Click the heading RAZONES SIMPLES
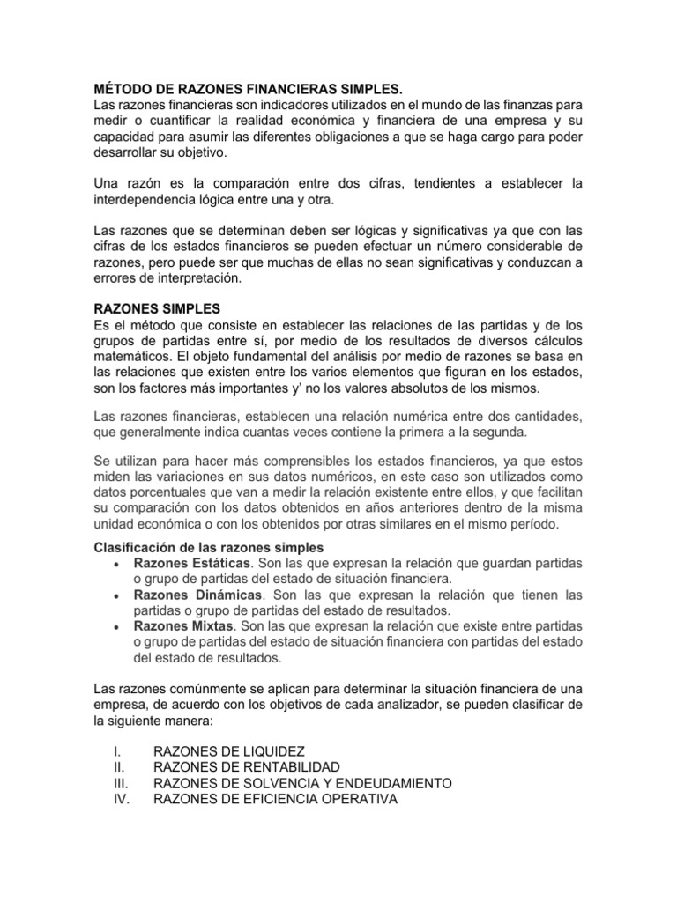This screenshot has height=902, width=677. (x=156, y=309)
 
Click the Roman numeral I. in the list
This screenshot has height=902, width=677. (x=115, y=751)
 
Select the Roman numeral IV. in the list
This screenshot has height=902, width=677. (x=119, y=799)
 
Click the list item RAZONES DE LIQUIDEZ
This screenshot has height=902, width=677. (x=229, y=751)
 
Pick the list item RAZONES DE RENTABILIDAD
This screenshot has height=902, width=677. (x=247, y=767)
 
